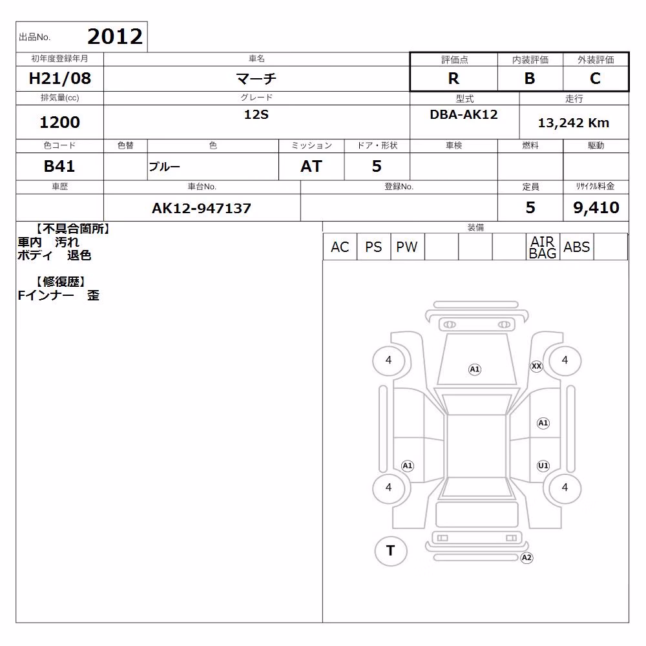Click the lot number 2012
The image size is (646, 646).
point(115,37)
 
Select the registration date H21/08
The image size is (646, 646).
point(59,78)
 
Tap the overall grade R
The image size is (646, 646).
point(453,78)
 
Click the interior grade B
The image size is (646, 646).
point(530,78)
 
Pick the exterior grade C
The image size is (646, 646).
point(596,78)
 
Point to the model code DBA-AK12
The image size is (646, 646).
point(464,114)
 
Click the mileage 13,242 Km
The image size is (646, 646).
point(574,123)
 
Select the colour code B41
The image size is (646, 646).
point(59,166)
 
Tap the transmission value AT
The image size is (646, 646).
point(311,166)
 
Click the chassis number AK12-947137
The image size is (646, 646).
point(202,208)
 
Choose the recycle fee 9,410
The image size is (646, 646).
point(596,207)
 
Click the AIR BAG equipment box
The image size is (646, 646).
point(543,247)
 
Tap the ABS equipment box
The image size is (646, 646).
point(577,247)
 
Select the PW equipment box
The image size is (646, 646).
point(407,247)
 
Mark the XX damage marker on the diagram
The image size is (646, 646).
point(536,366)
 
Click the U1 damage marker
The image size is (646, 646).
point(543,466)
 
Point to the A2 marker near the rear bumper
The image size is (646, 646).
point(526,558)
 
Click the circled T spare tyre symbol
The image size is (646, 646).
point(391,551)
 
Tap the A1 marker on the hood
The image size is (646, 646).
point(475,369)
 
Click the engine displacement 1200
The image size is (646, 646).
point(59,122)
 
